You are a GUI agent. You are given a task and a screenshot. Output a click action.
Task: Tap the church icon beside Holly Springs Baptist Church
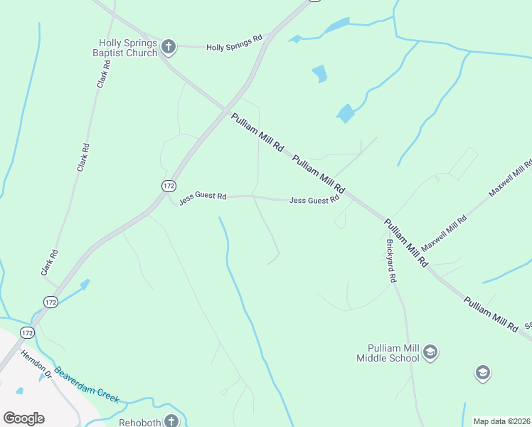click(x=168, y=48)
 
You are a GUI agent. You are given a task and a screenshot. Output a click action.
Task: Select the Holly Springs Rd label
click(x=235, y=43)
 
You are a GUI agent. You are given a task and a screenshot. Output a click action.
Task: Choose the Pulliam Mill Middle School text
click(x=388, y=353)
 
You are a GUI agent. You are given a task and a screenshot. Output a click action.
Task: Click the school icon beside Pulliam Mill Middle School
click(x=430, y=352)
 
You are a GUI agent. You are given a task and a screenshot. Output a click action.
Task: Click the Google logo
click(x=23, y=418)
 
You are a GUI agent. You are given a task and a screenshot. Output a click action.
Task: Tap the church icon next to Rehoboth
click(x=171, y=421)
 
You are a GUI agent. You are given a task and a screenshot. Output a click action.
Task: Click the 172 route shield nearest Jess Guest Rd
click(x=168, y=186)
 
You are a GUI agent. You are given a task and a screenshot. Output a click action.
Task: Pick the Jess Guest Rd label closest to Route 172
click(x=203, y=198)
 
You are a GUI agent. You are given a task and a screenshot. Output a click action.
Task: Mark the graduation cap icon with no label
click(x=483, y=372)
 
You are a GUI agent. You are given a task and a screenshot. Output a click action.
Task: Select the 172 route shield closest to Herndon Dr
click(x=27, y=332)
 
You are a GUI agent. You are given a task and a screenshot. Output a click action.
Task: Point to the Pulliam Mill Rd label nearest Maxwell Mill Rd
click(x=405, y=243)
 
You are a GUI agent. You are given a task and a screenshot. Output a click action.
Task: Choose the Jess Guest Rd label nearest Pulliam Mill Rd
click(x=314, y=201)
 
